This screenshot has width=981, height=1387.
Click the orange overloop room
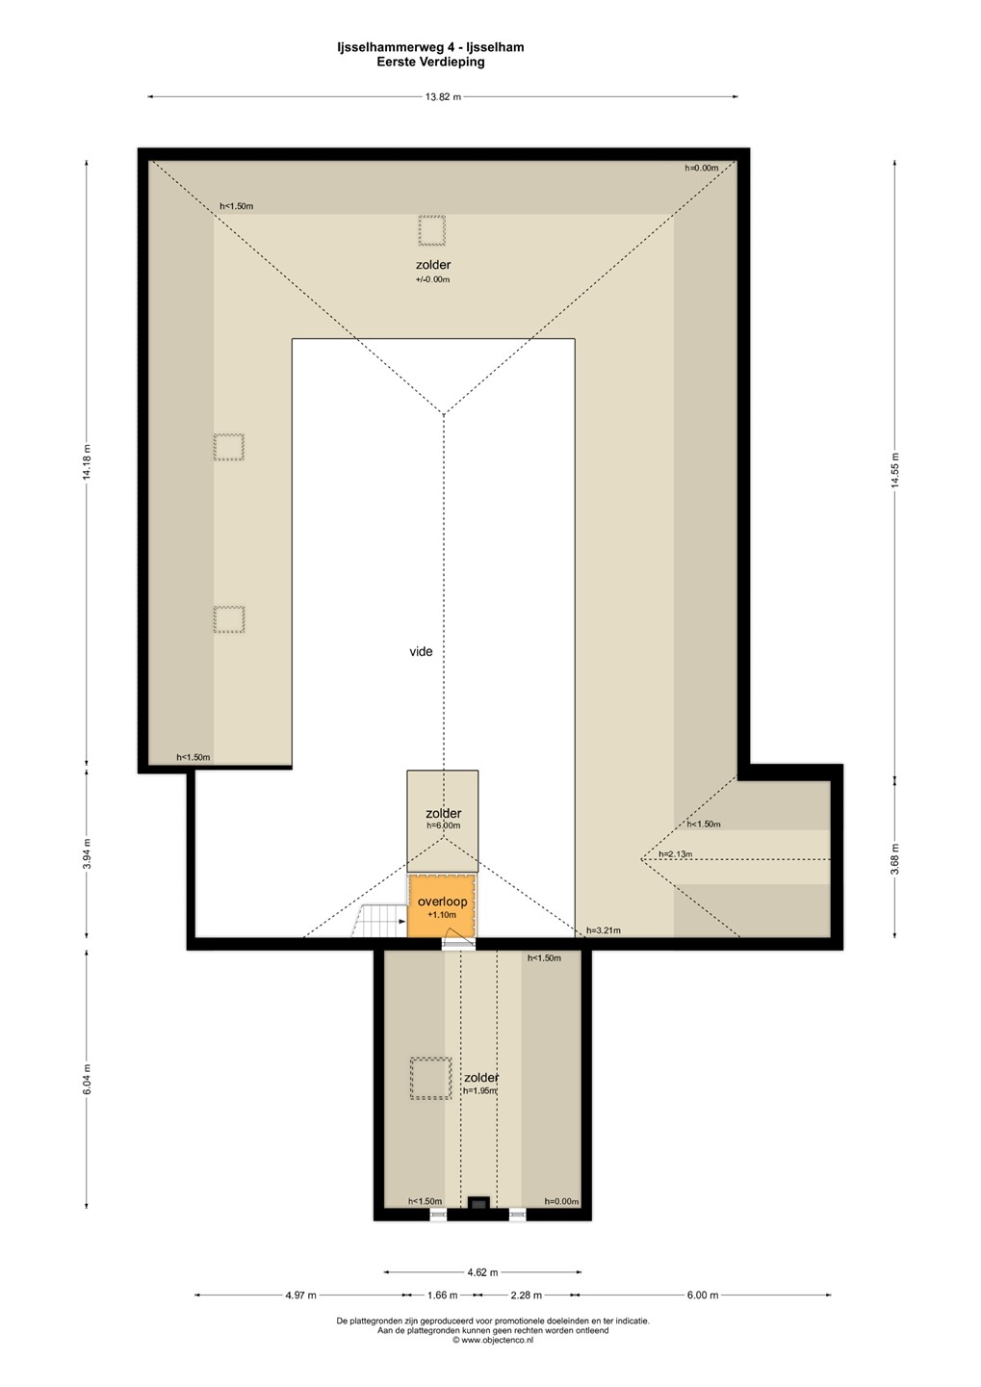442,905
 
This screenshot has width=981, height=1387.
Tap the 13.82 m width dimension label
443,97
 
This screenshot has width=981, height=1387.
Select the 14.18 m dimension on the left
88,461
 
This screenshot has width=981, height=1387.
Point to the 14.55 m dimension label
895,470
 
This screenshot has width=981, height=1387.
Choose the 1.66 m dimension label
443,1295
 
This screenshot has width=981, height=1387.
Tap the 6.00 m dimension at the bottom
703,1295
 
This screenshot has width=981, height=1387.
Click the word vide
421,651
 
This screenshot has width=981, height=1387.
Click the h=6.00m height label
443,825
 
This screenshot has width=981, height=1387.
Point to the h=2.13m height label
675,854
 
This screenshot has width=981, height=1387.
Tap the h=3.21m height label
604,930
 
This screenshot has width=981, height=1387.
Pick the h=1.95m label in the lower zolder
480,1091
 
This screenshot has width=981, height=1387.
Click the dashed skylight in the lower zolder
430,1079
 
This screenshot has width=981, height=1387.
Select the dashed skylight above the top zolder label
431,230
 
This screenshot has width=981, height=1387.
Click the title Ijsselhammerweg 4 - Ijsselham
430,47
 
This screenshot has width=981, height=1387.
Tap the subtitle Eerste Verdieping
430,62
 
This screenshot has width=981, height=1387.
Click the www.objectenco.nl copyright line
493,1340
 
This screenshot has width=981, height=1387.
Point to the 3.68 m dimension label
895,859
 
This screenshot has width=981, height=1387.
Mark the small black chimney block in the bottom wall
478,1203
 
